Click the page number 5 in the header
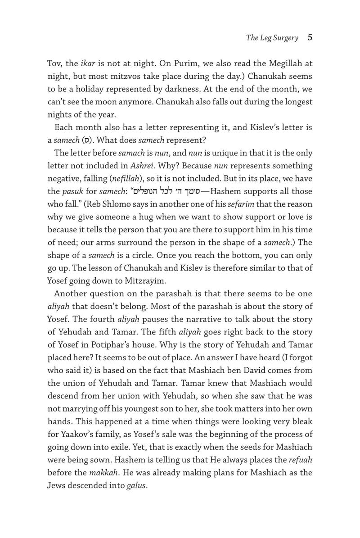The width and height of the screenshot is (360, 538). [310, 37]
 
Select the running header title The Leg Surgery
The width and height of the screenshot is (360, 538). [272, 38]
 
